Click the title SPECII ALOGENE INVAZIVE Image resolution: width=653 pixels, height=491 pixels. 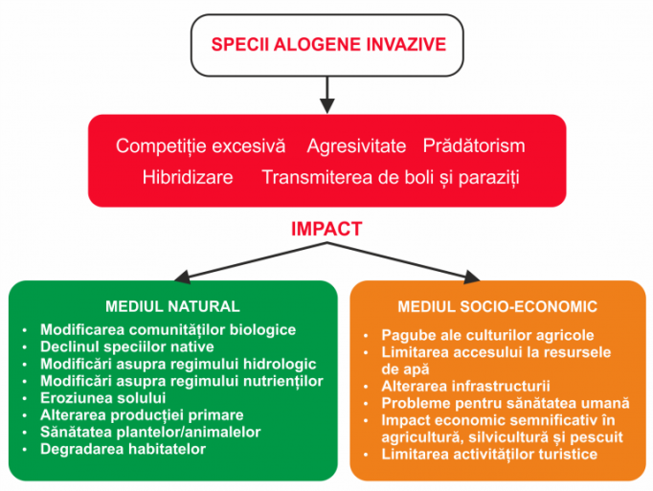click(x=328, y=45)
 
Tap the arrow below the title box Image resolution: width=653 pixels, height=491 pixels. click(x=327, y=95)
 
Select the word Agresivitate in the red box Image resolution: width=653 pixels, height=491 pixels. click(x=356, y=146)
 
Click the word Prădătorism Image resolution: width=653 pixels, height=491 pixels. click(x=474, y=145)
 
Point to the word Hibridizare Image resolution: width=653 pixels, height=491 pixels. click(x=188, y=177)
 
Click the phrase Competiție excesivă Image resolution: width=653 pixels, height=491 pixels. click(x=201, y=146)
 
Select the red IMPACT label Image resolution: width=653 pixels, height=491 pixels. click(x=326, y=229)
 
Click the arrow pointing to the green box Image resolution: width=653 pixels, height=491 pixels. click(x=251, y=262)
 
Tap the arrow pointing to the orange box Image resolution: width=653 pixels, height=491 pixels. click(x=403, y=262)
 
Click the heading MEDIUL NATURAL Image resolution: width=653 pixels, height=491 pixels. click(x=172, y=306)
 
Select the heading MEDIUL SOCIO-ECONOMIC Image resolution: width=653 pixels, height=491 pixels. click(x=497, y=307)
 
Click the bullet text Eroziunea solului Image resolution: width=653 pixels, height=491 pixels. click(x=102, y=398)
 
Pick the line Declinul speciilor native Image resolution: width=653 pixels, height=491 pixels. click(x=127, y=346)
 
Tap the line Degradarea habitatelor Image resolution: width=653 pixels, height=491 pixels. click(x=123, y=449)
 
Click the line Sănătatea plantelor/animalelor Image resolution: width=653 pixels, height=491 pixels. click(x=150, y=433)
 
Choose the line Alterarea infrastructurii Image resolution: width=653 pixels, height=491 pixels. click(x=465, y=386)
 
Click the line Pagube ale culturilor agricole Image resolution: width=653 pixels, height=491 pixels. click(x=487, y=335)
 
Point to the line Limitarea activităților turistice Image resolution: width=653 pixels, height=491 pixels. click(x=489, y=454)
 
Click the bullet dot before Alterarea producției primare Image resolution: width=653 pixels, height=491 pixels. click(x=25, y=415)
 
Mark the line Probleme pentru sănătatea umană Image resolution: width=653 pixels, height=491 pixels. click(x=506, y=403)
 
